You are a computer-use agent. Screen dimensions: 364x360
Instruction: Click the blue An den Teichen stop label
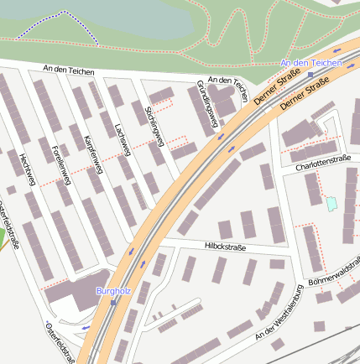311,63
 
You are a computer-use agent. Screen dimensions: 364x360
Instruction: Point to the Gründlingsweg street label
206,107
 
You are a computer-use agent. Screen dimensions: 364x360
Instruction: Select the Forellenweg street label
58,164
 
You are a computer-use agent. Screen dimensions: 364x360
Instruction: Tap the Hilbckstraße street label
224,247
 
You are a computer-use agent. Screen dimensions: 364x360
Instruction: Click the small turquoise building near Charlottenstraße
331,203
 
